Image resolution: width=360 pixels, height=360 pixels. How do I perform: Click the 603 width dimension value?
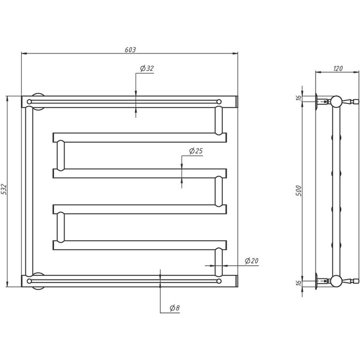click(130, 50)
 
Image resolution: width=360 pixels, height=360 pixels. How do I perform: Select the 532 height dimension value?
click(4, 189)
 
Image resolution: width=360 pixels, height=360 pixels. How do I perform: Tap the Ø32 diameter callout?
click(147, 68)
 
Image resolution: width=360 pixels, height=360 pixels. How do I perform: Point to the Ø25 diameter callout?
click(196, 151)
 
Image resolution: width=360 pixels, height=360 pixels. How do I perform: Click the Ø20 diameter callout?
click(251, 261)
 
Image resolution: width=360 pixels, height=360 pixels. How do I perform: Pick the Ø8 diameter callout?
click(175, 308)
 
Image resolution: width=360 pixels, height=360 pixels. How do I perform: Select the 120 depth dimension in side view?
click(338, 68)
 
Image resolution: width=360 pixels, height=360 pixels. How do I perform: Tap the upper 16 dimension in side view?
click(299, 97)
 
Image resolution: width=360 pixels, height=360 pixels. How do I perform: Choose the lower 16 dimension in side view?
click(299, 283)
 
